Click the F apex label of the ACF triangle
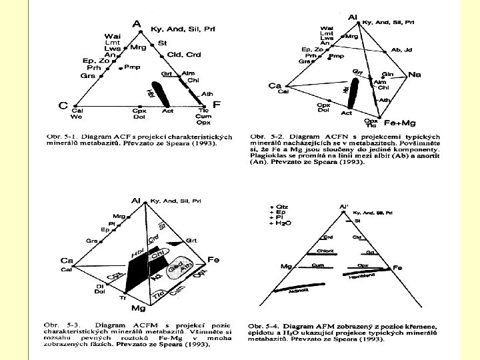coord(216,105)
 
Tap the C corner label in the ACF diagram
coord(63,105)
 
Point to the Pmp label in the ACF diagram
coord(132,67)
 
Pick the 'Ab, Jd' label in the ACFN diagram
coord(402,49)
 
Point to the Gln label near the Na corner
coord(387,74)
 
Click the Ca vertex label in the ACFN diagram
coord(275,85)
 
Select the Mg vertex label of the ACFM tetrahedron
coord(138,309)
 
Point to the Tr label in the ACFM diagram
coord(122,298)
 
